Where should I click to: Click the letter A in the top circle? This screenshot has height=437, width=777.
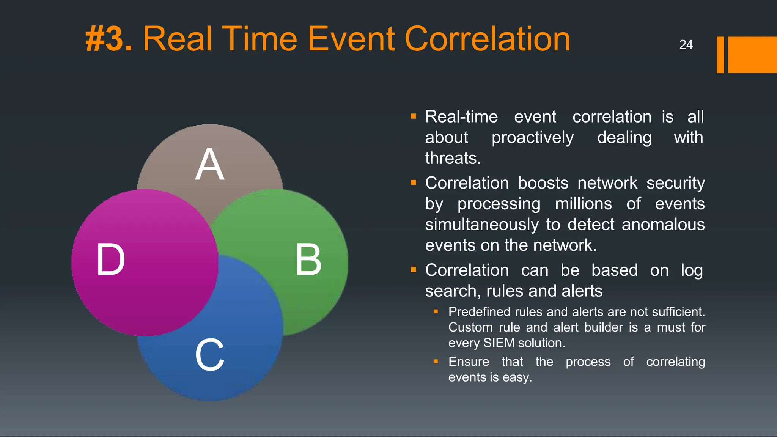pyautogui.click(x=210, y=165)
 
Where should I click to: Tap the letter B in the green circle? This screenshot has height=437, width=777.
pyautogui.click(x=308, y=260)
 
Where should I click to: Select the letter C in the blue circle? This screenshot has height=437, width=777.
pyautogui.click(x=210, y=355)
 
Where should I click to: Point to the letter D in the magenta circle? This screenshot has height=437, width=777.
pyautogui.click(x=110, y=260)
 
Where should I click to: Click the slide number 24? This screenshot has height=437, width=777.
pyautogui.click(x=686, y=45)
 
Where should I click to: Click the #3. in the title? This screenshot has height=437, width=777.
pyautogui.click(x=109, y=39)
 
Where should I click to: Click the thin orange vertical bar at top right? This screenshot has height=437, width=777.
pyautogui.click(x=720, y=55)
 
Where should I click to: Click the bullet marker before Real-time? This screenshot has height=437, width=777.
pyautogui.click(x=414, y=116)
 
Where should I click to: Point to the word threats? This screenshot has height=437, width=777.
pyautogui.click(x=453, y=158)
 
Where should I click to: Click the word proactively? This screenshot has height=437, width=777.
pyautogui.click(x=532, y=138)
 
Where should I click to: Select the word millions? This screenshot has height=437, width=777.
pyautogui.click(x=583, y=204)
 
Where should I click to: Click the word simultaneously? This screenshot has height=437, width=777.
pyautogui.click(x=481, y=225)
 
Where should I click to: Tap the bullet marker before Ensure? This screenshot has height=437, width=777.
pyautogui.click(x=436, y=362)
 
